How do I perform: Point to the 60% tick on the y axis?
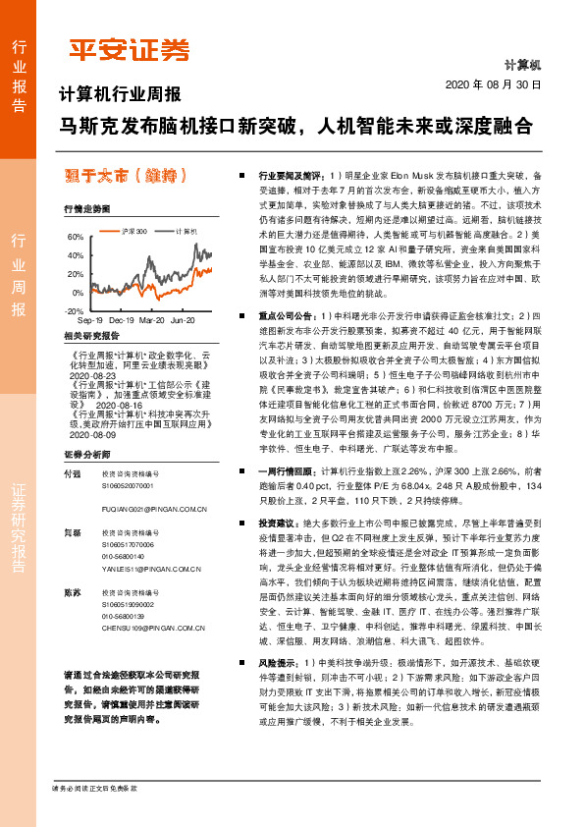[x=76, y=238]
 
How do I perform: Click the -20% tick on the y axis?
[x=74, y=310]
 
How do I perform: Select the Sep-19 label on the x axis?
[x=89, y=320]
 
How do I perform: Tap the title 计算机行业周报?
[x=120, y=95]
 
